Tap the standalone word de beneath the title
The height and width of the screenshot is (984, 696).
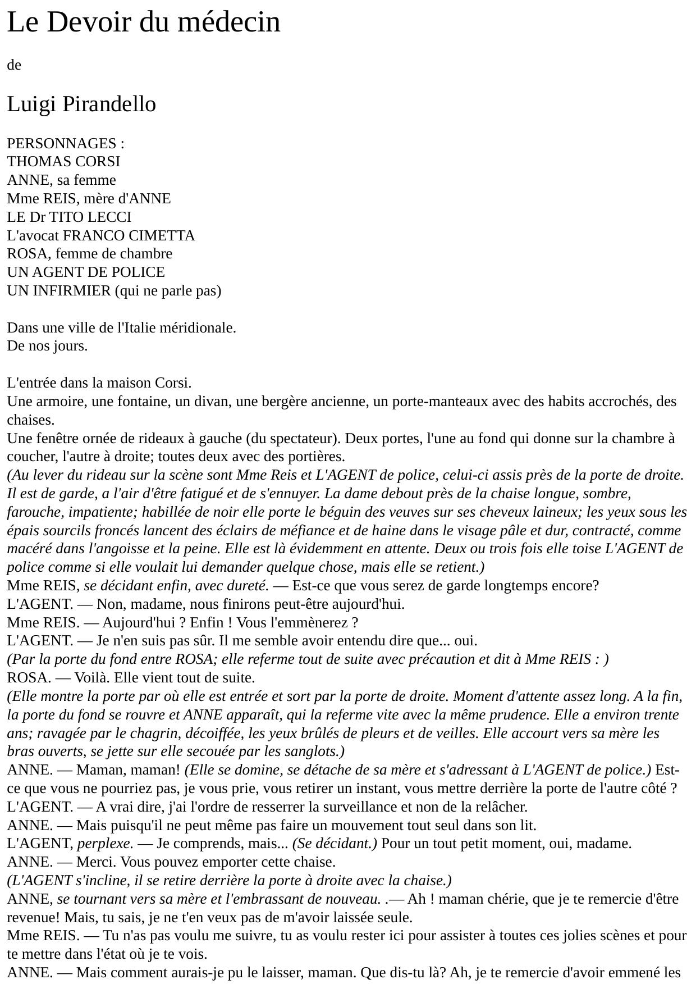point(14,65)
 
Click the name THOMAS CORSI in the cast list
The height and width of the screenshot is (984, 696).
point(63,162)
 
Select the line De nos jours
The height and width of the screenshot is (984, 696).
point(47,346)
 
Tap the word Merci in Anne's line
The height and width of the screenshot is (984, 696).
point(94,862)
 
